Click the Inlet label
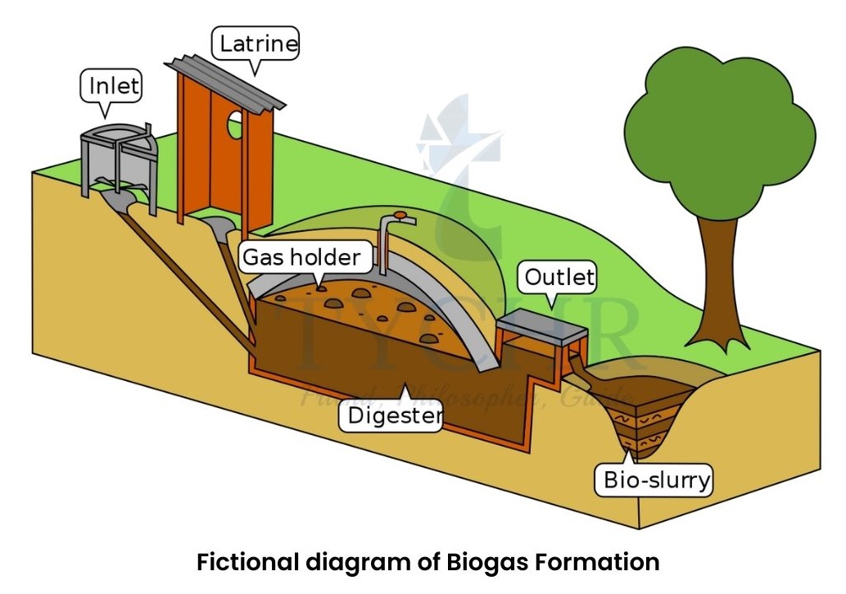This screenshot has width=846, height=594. click(111, 85)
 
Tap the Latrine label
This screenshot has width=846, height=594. click(256, 43)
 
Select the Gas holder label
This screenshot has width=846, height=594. click(301, 257)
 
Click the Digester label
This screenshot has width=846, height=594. click(395, 416)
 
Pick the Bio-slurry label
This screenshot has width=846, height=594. click(655, 479)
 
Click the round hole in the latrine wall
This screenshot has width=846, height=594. click(235, 125)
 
